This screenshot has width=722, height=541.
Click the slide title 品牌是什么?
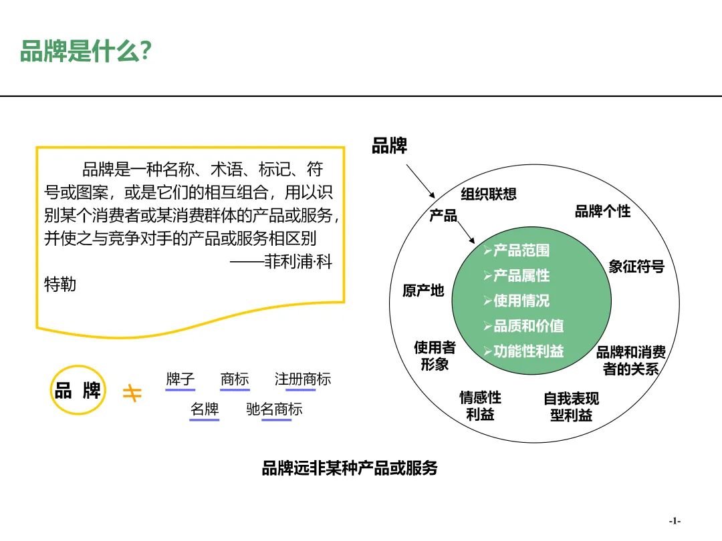click(86, 51)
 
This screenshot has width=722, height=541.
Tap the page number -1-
click(675, 521)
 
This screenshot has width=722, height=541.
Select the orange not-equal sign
click(132, 393)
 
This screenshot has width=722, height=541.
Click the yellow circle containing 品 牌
click(78, 390)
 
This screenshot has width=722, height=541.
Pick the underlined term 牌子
click(180, 379)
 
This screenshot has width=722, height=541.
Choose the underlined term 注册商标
click(303, 379)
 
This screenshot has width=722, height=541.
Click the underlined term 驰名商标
click(275, 409)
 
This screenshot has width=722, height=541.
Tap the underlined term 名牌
click(205, 409)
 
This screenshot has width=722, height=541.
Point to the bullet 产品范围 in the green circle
click(517, 250)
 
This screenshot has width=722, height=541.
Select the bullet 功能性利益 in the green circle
click(523, 351)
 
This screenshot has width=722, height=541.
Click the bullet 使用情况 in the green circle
click(517, 301)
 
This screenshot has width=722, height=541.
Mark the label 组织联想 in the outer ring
click(489, 194)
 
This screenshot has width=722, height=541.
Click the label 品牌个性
click(603, 212)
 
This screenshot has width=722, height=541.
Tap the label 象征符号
click(636, 266)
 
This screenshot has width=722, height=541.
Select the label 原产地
click(423, 291)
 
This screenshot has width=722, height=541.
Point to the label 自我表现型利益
click(572, 407)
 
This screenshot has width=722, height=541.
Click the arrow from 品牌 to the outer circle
click(420, 181)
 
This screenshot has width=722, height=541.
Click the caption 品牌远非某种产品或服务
click(350, 468)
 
